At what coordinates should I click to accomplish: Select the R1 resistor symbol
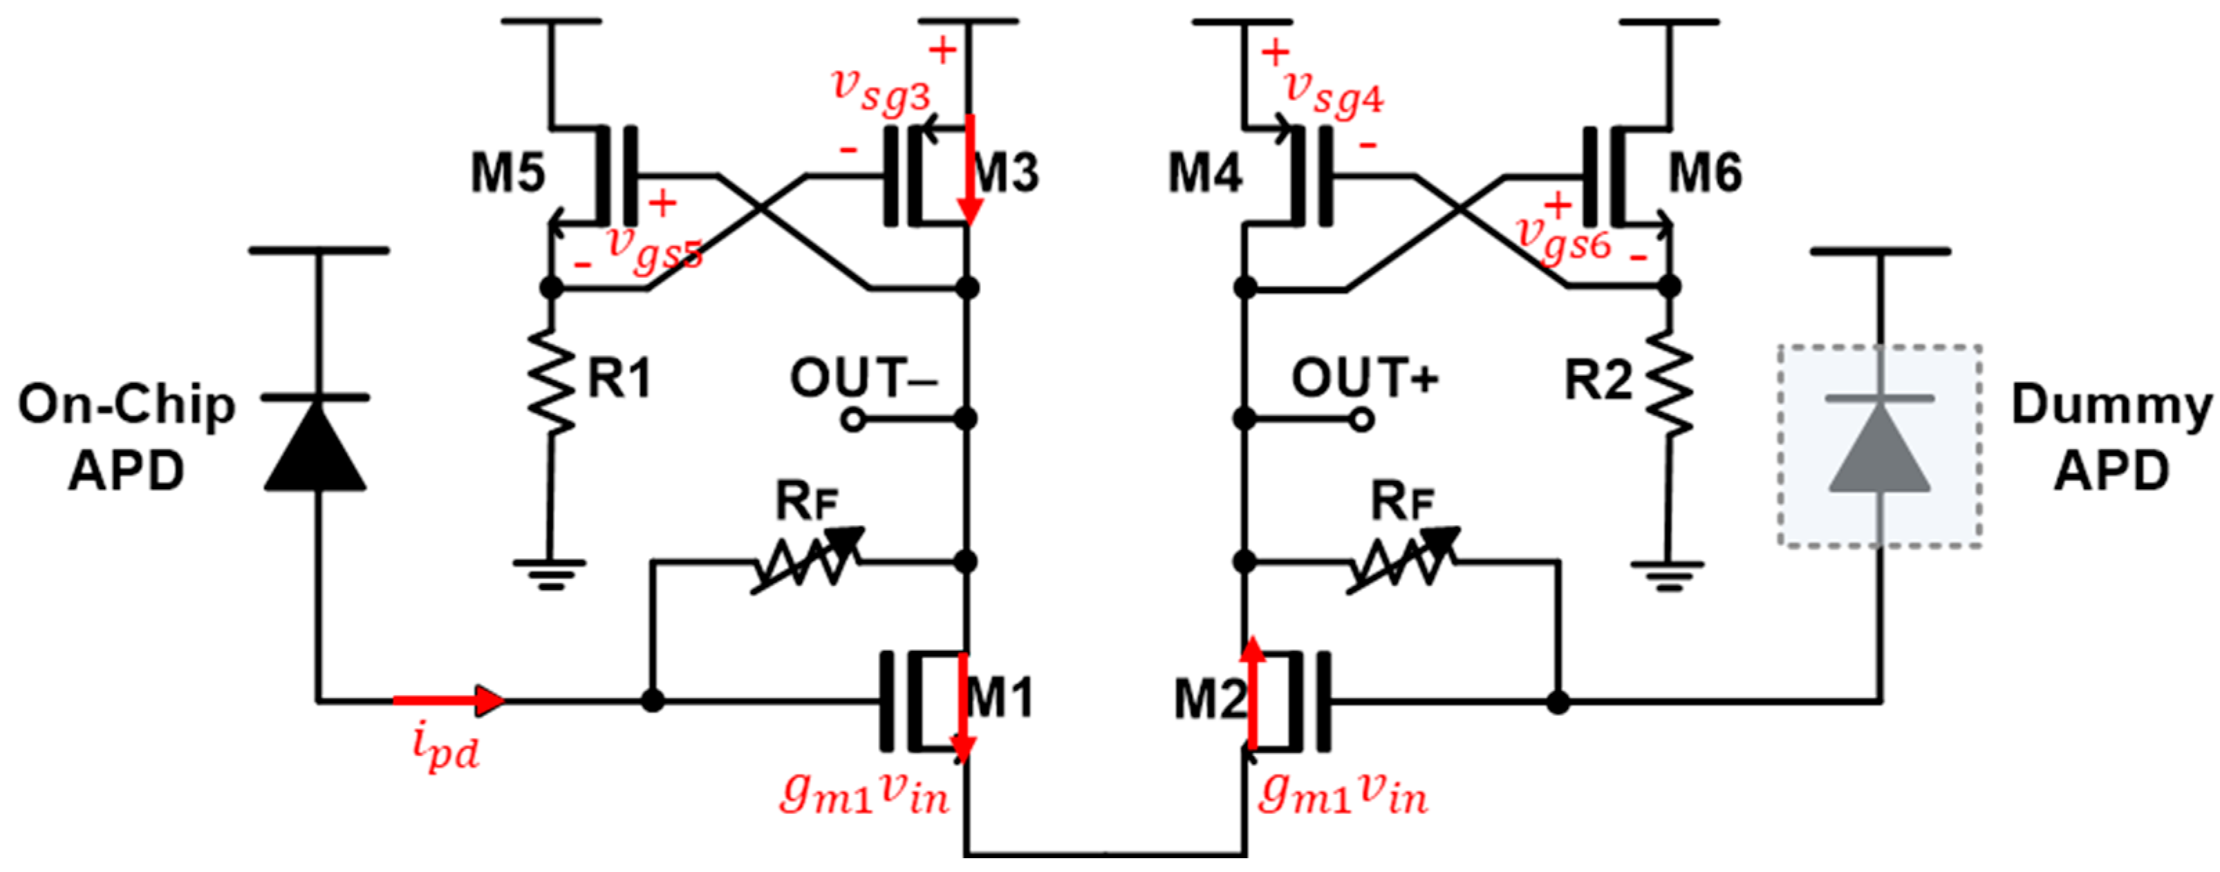[552, 379]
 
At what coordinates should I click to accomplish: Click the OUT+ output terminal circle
[1361, 421]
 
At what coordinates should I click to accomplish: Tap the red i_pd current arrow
[448, 701]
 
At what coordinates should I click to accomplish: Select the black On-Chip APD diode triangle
[315, 448]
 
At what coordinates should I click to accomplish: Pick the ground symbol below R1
[550, 573]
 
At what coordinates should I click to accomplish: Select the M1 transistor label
[1000, 698]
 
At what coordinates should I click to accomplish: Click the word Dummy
[2109, 405]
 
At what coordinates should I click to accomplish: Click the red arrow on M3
[971, 172]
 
